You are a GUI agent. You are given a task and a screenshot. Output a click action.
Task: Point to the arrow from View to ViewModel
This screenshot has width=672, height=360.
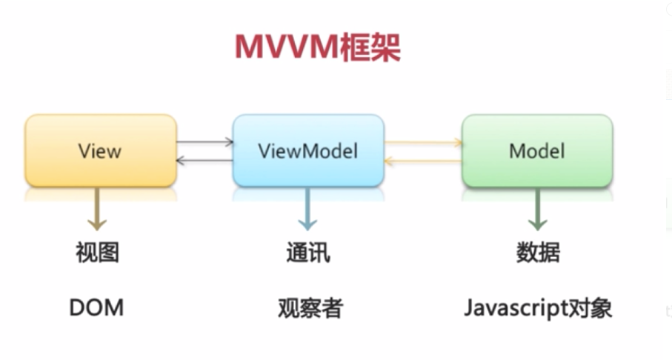click(205, 141)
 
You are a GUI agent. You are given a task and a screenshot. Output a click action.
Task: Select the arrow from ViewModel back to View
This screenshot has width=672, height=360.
click(205, 160)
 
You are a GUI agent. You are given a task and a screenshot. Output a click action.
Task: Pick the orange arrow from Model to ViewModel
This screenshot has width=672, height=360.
click(423, 159)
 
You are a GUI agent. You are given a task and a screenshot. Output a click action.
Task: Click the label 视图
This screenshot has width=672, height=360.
click(97, 253)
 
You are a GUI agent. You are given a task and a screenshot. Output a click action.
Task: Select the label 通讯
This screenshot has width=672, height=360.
click(307, 253)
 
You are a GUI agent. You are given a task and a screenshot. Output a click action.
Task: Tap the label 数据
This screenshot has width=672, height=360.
click(538, 253)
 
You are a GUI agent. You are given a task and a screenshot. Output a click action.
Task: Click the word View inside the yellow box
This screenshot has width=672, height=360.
click(99, 151)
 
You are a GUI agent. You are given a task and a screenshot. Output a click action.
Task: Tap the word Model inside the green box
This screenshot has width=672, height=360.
click(536, 151)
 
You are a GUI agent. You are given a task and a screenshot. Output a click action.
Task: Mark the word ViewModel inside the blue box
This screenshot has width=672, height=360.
click(308, 151)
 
